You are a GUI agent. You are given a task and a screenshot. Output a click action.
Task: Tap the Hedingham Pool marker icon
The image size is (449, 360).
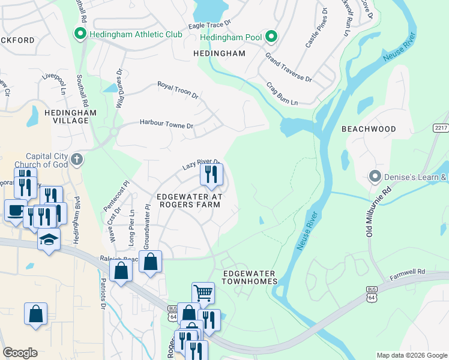pos(271,37)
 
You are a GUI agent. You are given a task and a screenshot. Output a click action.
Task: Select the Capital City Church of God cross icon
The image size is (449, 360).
pos(76,160)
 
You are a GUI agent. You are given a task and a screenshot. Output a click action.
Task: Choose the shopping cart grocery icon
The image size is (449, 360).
pos(203,293)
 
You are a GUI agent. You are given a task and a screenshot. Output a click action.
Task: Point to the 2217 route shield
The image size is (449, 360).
pos(440,128)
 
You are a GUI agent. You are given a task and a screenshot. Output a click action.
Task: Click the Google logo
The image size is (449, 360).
pos(20,353)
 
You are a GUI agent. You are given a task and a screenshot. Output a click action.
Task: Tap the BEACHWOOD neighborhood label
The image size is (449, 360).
pos(369,129)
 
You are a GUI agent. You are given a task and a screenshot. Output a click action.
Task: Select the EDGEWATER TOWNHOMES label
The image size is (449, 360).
pos(250,277)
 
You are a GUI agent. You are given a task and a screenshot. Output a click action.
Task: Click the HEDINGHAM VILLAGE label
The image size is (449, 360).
pos(66,116)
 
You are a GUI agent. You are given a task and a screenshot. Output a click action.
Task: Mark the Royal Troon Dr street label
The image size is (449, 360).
pos(178,90)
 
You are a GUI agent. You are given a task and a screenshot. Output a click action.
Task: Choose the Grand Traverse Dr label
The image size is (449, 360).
pos(289,70)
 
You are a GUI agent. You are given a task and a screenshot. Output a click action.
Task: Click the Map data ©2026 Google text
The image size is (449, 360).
pos(411,355)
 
